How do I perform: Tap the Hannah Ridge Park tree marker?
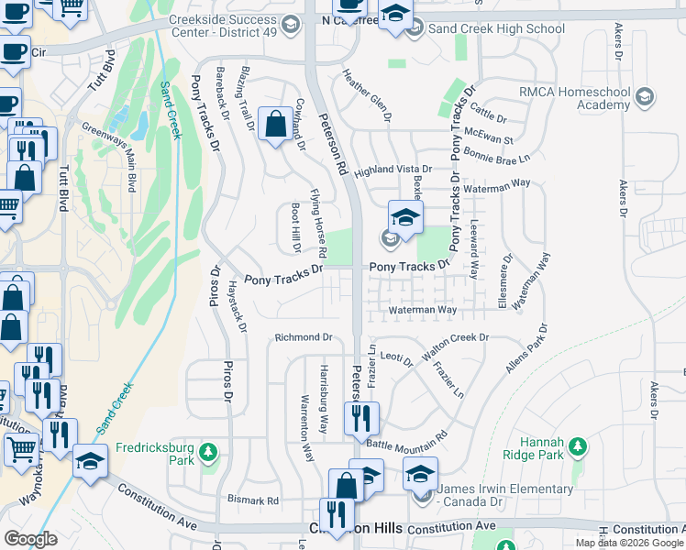click(577, 446)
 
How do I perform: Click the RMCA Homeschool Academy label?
click(578, 99)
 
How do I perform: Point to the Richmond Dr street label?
click(303, 337)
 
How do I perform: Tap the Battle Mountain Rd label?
click(406, 438)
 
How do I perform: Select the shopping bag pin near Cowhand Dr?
click(275, 123)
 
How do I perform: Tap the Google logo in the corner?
click(30, 538)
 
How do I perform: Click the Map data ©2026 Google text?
click(629, 543)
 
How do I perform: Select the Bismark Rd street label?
click(253, 501)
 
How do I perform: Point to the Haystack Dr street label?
click(238, 306)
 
